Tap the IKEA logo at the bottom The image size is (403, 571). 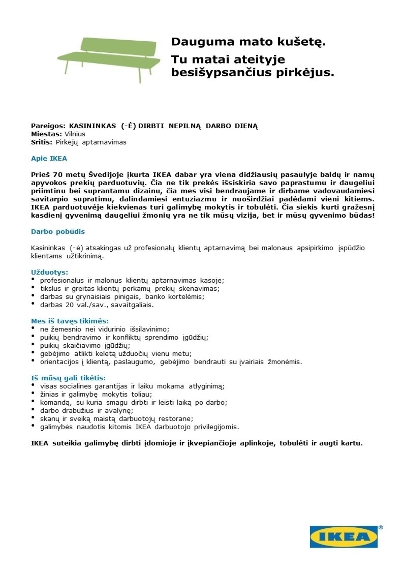(x=344, y=536)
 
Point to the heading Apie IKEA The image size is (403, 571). (x=49, y=158)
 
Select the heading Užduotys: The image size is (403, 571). (x=49, y=272)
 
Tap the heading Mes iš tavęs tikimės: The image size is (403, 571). (x=70, y=321)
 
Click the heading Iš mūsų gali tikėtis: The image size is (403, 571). (x=69, y=378)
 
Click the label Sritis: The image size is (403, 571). (x=42, y=142)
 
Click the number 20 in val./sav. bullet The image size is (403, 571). (x=70, y=305)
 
